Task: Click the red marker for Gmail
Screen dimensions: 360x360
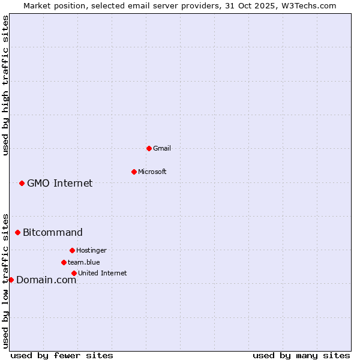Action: pyautogui.click(x=149, y=148)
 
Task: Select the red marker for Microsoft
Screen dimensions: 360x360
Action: pyautogui.click(x=134, y=172)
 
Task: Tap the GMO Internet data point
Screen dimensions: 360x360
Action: pyautogui.click(x=22, y=183)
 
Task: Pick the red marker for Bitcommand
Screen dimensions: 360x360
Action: pyautogui.click(x=17, y=232)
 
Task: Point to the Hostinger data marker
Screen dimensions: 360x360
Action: pyautogui.click(x=72, y=250)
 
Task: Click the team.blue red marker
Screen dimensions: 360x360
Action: pyautogui.click(x=64, y=262)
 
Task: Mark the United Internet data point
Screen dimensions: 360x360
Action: pyautogui.click(x=74, y=273)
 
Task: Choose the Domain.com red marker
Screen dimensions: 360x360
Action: pyautogui.click(x=11, y=280)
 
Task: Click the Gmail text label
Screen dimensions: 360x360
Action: pyautogui.click(x=162, y=148)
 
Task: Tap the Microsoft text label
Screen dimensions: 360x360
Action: pyautogui.click(x=152, y=172)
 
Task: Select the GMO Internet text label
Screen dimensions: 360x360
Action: pyautogui.click(x=60, y=183)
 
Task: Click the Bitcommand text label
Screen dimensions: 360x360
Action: pyautogui.click(x=53, y=232)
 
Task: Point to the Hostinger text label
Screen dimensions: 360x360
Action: pyautogui.click(x=91, y=250)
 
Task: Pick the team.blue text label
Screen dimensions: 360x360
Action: pyautogui.click(x=84, y=262)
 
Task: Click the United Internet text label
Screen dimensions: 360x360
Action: pyautogui.click(x=103, y=273)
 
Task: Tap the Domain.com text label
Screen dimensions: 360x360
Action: pyautogui.click(x=46, y=280)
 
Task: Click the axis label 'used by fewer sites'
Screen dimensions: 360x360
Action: pyautogui.click(x=62, y=355)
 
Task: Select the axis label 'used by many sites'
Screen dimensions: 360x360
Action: pyautogui.click(x=301, y=355)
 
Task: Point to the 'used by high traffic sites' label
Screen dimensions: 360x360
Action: pyautogui.click(x=5, y=85)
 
